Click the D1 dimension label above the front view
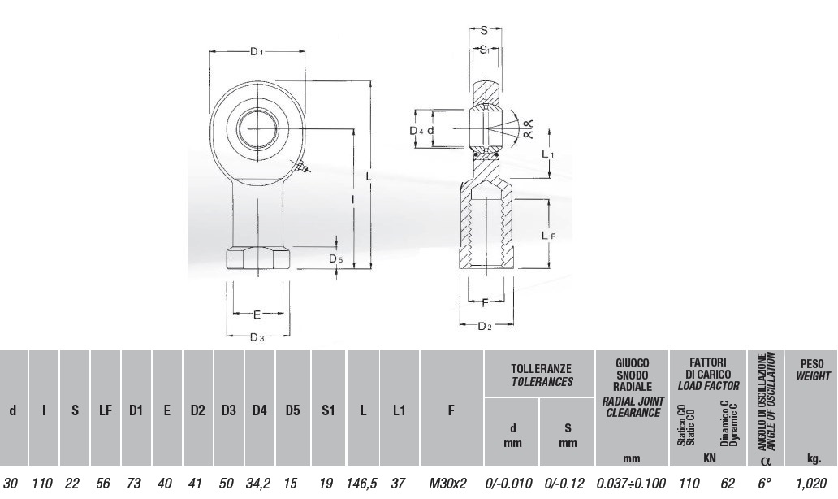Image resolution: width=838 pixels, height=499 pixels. click(x=257, y=51)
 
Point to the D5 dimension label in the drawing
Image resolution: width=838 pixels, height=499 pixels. click(x=335, y=259)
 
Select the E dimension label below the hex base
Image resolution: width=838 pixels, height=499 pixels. click(x=257, y=315)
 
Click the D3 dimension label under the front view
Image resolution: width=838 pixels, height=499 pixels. click(x=257, y=337)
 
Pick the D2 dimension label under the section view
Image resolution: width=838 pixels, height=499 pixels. click(x=484, y=326)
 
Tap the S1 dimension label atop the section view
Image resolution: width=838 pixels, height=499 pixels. click(x=485, y=50)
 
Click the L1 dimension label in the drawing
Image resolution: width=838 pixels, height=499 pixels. click(x=548, y=154)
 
